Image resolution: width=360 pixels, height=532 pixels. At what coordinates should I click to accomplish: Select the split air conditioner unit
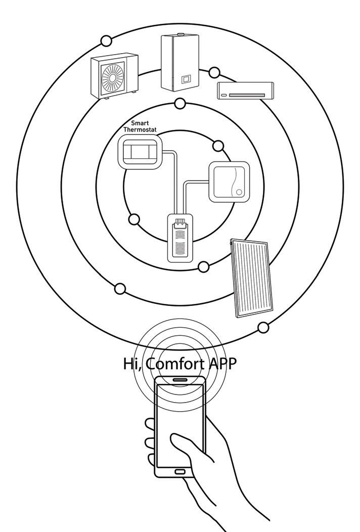241,90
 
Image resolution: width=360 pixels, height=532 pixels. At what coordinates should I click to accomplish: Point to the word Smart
140,123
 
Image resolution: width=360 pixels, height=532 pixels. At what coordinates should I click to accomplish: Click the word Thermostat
140,130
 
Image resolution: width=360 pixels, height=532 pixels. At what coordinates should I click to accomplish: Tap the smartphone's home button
180,472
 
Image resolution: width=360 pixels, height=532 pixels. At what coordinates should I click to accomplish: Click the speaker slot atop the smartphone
179,379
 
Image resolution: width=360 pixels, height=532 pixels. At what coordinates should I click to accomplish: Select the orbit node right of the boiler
215,72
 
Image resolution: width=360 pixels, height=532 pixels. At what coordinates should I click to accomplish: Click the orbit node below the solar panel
263,328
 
